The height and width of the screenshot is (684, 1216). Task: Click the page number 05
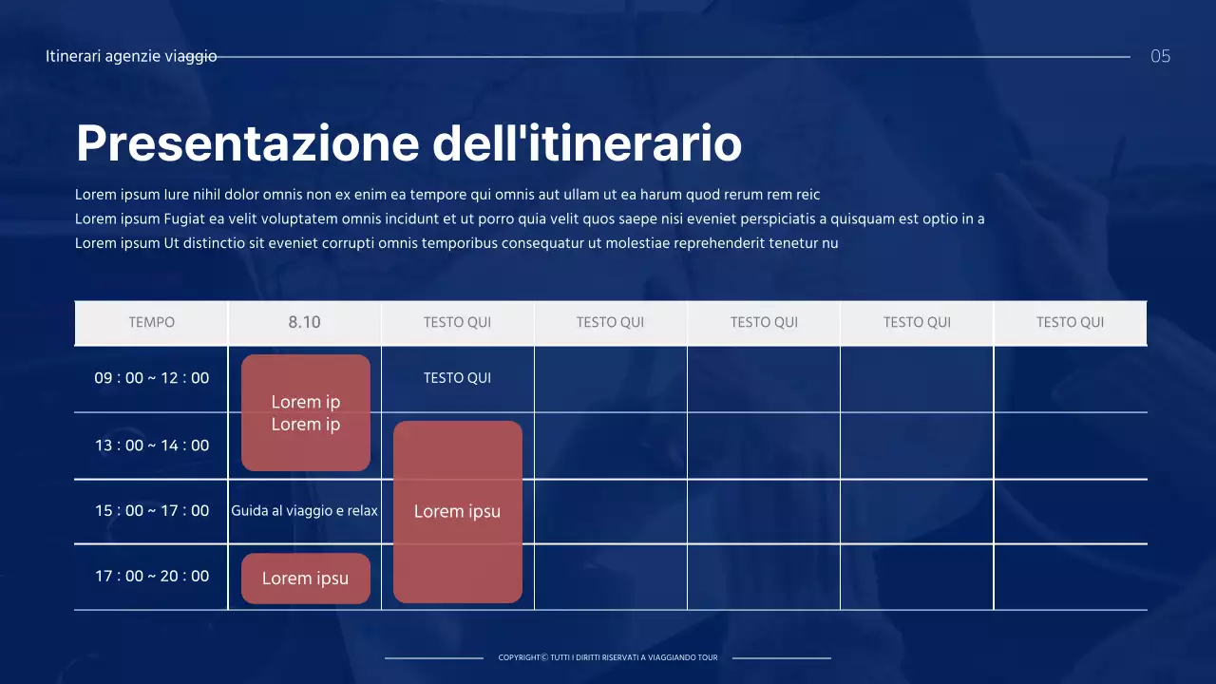[1160, 56]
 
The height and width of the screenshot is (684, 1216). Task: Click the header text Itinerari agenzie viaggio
[131, 56]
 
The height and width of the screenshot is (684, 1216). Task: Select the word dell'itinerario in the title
[587, 143]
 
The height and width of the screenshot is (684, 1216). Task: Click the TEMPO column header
[152, 322]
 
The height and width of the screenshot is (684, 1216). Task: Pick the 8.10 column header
[304, 322]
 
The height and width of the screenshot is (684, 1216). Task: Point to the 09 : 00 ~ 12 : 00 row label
[152, 378]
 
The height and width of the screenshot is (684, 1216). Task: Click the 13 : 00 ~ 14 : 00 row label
[152, 446]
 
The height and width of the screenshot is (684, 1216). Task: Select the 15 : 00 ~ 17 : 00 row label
[152, 511]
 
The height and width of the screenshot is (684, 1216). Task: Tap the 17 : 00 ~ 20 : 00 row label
[152, 576]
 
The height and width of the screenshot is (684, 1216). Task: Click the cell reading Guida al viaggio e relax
[304, 511]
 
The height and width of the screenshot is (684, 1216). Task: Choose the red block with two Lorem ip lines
[306, 412]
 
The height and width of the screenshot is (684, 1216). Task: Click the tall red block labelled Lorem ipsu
[458, 511]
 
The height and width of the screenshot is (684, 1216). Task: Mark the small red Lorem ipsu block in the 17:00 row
[306, 579]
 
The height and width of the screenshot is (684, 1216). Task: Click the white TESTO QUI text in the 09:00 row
[457, 378]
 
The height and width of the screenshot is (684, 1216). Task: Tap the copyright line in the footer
[608, 657]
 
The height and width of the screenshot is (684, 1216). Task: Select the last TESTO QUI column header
[1070, 322]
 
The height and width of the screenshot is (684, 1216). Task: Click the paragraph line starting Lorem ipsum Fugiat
[529, 219]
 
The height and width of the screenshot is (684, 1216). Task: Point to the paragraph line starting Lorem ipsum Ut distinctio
[456, 243]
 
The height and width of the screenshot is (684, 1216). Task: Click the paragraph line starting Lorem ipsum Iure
[446, 195]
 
